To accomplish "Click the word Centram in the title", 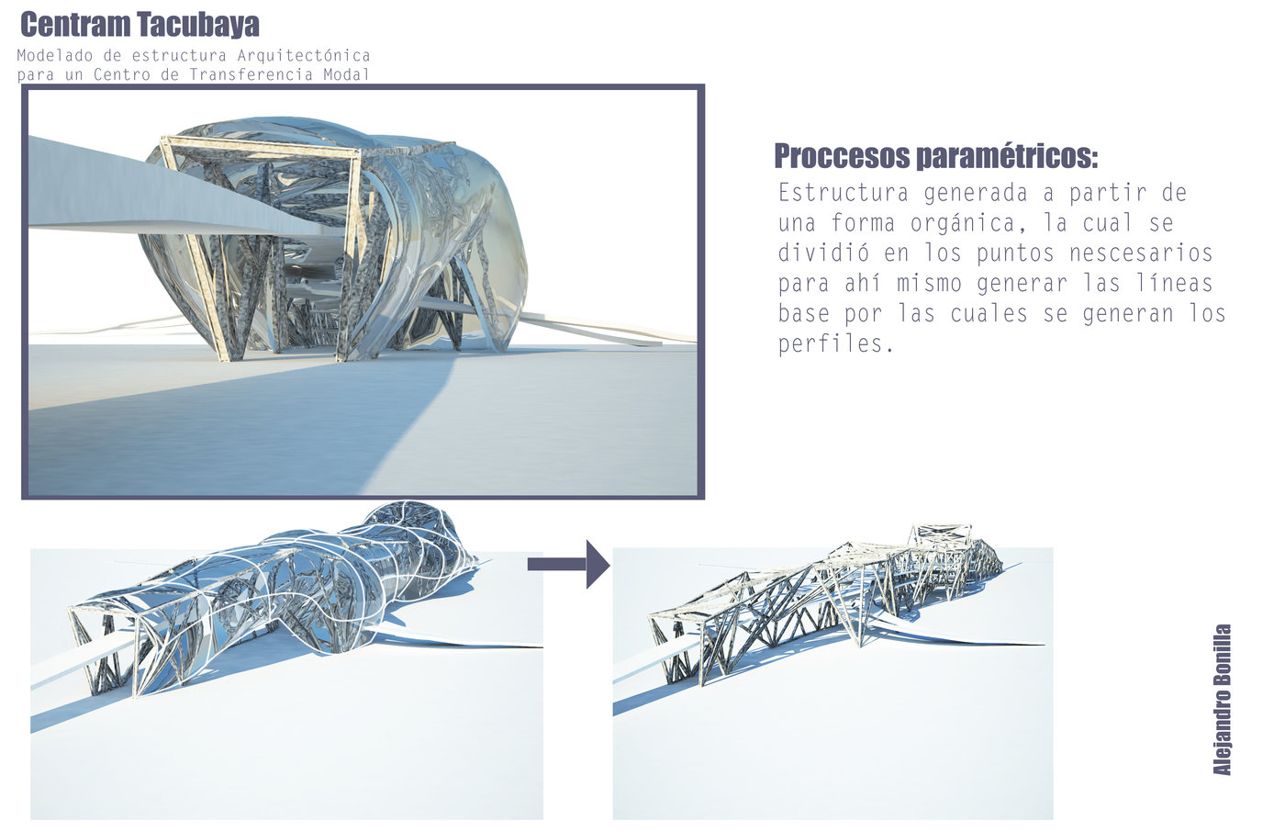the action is pos(75,25).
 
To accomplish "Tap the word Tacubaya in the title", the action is pos(198,25).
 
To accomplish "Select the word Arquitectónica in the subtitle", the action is pos(304,56).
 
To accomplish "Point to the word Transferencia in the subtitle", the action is pos(251,74).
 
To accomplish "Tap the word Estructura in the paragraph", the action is pos(844,193).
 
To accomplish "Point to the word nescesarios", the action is pos(1141,253).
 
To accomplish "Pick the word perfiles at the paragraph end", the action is pos(835,343).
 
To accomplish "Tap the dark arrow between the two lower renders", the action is pos(568,564).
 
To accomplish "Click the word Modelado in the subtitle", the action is pos(55,56).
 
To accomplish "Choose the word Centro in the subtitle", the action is pos(122,74).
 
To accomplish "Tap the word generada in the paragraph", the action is pos(975,194).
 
